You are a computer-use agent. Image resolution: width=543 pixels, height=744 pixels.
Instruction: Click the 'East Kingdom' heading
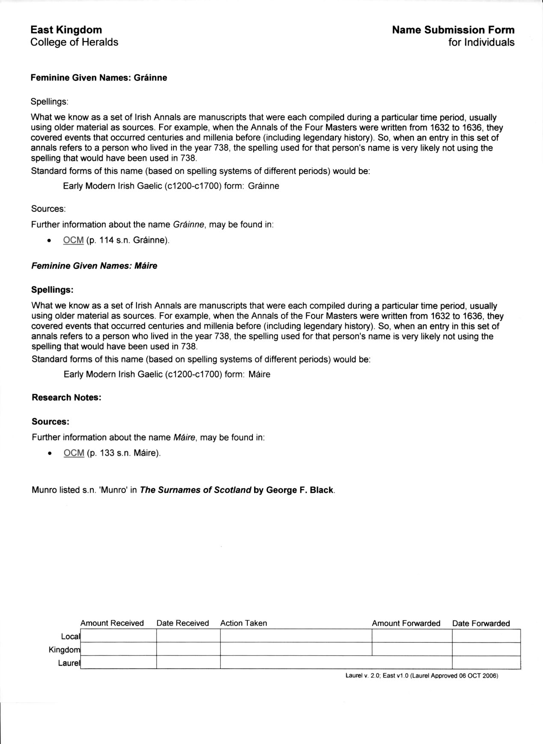pos(66,30)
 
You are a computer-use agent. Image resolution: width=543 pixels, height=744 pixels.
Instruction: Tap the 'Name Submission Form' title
pos(453,30)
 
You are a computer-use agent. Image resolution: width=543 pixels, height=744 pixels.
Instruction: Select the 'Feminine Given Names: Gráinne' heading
pos(98,78)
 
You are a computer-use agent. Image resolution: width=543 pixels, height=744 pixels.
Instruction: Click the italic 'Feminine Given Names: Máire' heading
pos(94,266)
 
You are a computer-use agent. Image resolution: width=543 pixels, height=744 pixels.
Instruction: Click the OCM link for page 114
pos(73,240)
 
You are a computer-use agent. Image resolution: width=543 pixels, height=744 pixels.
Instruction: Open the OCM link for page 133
pos(74,453)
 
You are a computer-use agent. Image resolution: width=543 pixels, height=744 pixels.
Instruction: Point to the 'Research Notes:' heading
pos(66,397)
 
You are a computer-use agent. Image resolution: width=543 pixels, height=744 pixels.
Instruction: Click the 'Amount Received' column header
pos(112,623)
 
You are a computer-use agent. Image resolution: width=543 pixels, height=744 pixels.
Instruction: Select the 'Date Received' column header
pos(183,623)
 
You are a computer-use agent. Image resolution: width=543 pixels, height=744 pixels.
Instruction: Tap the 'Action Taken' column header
pos(243,623)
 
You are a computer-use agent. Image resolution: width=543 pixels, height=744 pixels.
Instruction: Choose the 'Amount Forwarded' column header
pos(406,623)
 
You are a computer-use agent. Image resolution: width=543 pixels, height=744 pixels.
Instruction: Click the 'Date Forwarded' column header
pos(481,623)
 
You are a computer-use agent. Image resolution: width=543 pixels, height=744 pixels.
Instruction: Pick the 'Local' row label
pos(70,636)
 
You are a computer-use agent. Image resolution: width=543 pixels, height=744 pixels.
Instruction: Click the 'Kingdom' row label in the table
pos(64,649)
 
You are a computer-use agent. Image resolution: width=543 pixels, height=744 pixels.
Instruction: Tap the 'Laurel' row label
pos(69,663)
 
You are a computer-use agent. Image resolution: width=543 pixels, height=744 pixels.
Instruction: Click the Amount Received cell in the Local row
pos(118,636)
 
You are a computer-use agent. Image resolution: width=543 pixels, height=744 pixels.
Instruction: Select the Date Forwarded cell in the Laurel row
pos(486,662)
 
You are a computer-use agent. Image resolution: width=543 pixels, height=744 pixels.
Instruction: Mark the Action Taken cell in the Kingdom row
pos(296,649)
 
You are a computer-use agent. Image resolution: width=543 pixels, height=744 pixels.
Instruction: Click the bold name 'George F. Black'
pos(300,490)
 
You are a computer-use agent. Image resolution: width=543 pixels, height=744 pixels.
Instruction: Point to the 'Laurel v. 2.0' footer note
pos(421,676)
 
